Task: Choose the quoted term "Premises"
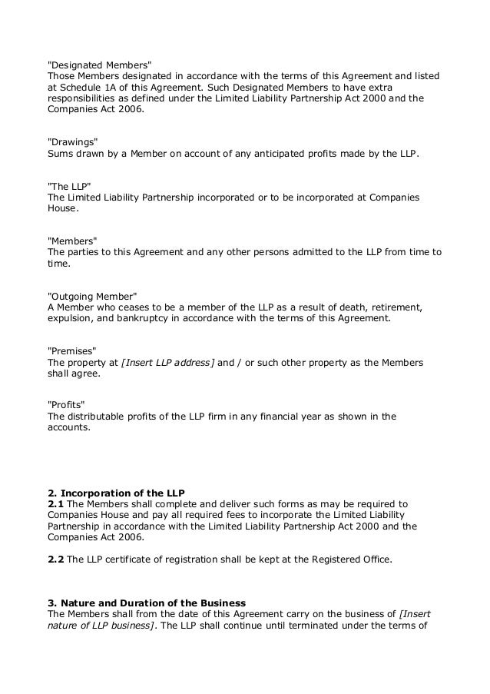coord(74,350)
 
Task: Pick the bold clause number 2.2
coord(55,560)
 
